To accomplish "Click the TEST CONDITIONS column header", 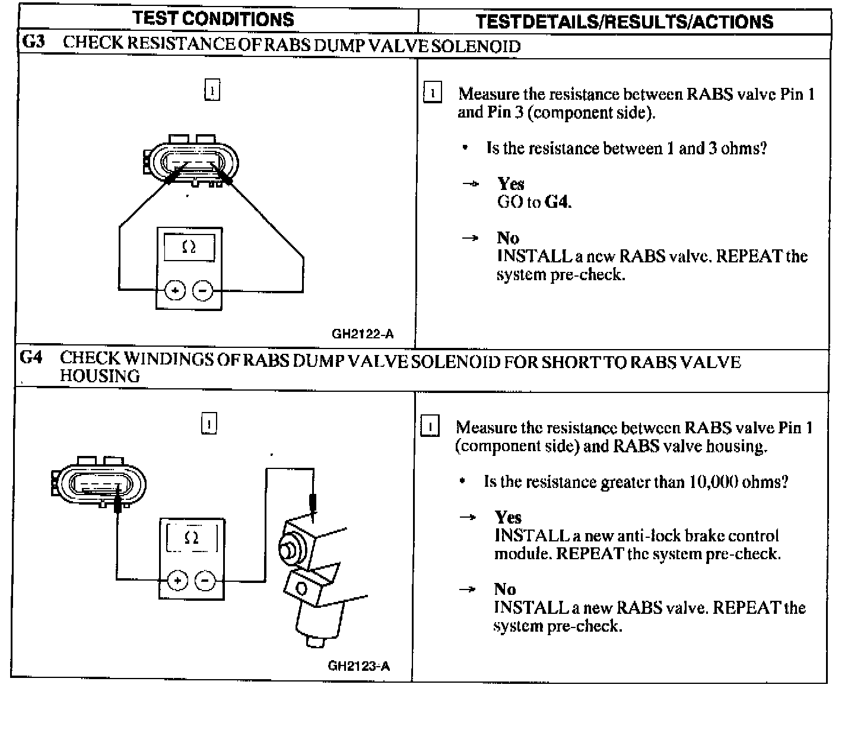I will coord(214,19).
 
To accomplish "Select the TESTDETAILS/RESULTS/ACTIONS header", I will coord(624,22).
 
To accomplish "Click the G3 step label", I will coord(33,43).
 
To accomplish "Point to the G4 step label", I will coord(31,358).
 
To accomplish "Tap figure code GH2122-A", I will coord(363,334).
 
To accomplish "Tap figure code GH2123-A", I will coord(359,665).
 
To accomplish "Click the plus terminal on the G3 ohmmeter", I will coord(175,290).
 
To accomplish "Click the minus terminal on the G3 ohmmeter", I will coord(203,290).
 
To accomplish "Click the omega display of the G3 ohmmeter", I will coord(189,247).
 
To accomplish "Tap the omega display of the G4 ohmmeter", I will coord(192,538).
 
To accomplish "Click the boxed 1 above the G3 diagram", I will coord(212,90).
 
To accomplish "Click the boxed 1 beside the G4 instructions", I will coord(430,427).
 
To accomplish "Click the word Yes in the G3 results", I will coord(511,183).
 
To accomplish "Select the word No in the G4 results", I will coord(505,589).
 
